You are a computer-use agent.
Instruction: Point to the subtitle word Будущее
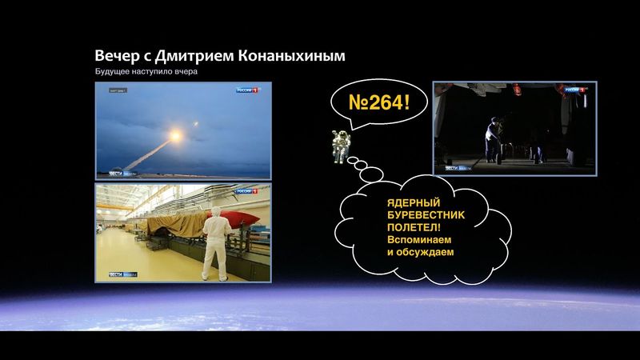(x=112, y=73)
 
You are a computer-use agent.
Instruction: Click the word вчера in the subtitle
(x=183, y=73)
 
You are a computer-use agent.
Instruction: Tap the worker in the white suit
(x=214, y=240)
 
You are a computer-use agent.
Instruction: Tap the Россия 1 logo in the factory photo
(x=247, y=191)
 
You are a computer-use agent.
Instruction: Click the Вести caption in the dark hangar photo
(x=457, y=169)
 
